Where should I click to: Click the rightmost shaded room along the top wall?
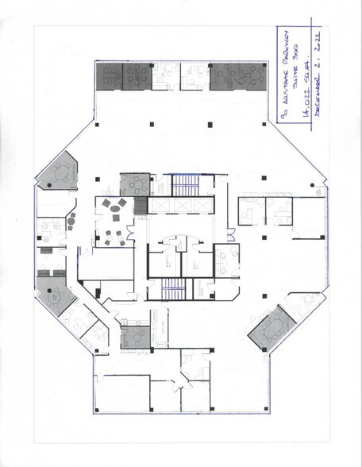[238, 76]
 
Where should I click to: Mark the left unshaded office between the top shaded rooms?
[163, 76]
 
